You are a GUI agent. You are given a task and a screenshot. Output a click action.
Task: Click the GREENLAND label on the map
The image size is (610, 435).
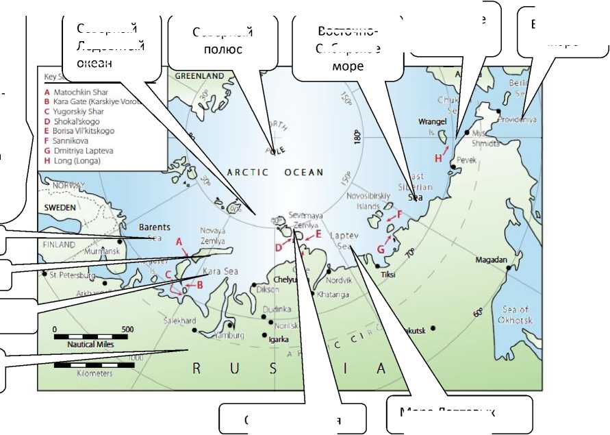tap(201, 75)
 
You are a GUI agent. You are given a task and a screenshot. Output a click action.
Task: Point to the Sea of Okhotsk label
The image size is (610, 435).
tap(515, 314)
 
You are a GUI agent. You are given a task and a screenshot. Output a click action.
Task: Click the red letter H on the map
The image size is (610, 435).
tap(439, 158)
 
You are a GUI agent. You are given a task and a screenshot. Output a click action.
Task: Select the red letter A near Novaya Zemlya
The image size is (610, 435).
tap(179, 242)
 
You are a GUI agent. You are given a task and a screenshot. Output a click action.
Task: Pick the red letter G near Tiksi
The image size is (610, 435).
tap(381, 249)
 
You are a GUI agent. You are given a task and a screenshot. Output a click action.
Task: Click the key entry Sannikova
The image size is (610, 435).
tap(74, 140)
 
